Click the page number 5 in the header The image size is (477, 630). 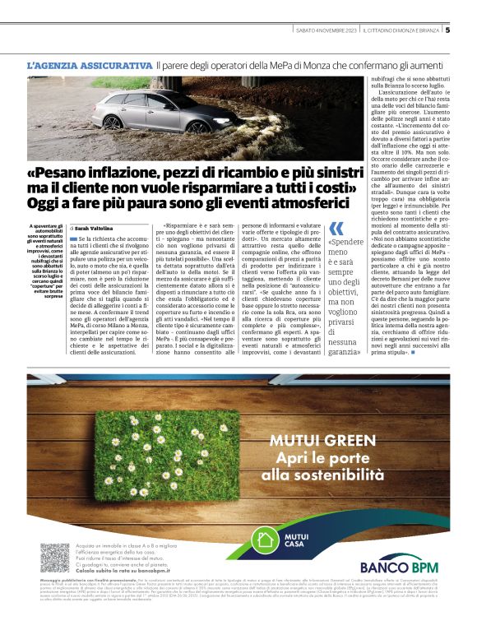click(447, 31)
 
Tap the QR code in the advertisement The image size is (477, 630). click(55, 558)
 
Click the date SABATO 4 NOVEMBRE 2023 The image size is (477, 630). click(327, 31)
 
